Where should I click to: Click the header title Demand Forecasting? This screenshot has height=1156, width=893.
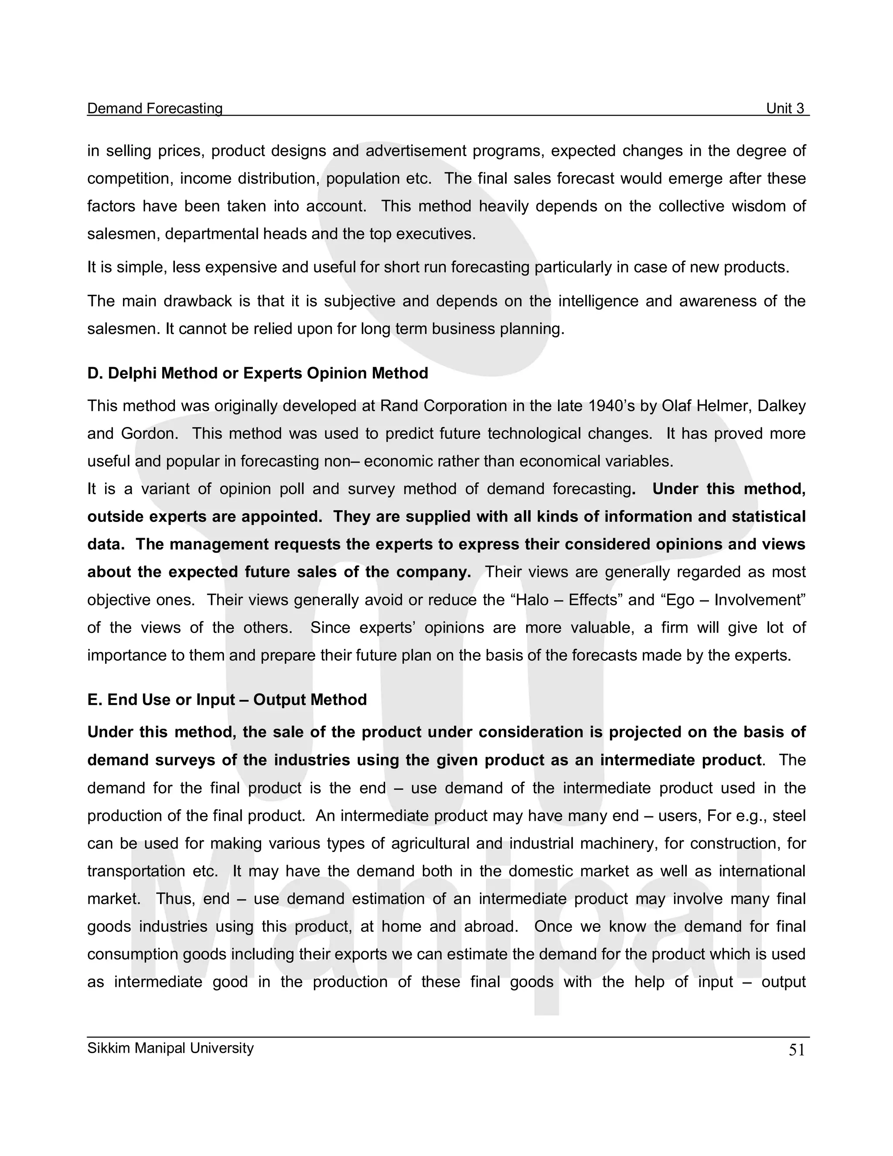coord(154,109)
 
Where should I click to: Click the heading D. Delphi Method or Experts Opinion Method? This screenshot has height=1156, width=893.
coord(257,373)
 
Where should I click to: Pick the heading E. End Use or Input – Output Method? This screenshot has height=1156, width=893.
coord(227,700)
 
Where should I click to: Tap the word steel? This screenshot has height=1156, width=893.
coord(789,816)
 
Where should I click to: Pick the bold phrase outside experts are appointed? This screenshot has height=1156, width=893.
coord(205,517)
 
